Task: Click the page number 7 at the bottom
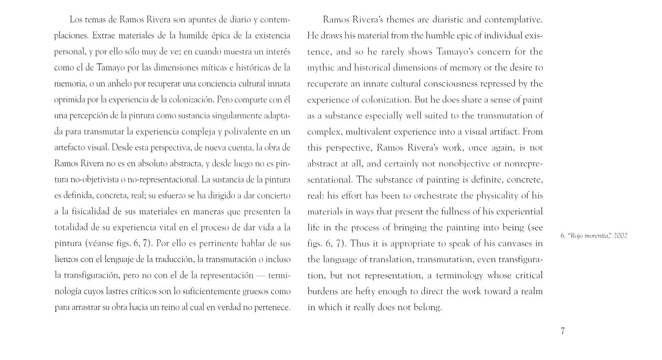(563, 331)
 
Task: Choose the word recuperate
(327, 84)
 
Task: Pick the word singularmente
(235, 116)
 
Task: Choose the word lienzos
(66, 260)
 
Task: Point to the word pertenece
(271, 307)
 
